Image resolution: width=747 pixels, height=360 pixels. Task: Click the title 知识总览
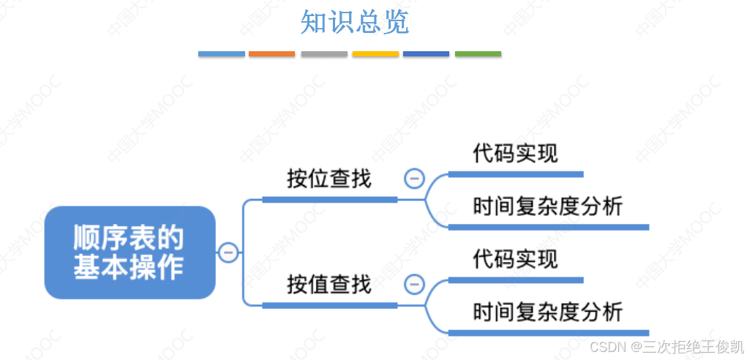(x=355, y=23)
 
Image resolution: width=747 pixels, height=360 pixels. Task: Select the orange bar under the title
(x=271, y=54)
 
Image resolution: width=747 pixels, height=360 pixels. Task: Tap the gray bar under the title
(x=323, y=54)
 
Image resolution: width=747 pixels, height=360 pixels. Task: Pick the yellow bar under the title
(x=375, y=54)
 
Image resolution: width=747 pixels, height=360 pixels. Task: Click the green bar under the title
(x=478, y=54)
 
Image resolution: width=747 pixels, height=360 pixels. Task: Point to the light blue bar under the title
(x=221, y=54)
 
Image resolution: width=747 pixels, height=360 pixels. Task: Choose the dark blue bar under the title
(x=426, y=54)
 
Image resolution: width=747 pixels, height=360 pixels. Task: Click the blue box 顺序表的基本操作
(x=129, y=252)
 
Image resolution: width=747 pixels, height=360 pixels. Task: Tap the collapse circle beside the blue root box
(x=228, y=252)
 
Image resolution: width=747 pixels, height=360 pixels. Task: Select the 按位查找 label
(x=329, y=179)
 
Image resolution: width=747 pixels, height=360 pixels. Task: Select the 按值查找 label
(x=329, y=284)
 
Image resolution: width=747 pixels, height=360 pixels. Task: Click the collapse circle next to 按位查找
(x=415, y=178)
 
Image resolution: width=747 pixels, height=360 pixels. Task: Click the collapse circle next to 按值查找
(x=415, y=283)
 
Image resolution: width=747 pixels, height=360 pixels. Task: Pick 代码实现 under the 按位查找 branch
(x=515, y=154)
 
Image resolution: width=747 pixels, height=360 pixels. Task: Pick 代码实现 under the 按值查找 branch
(x=515, y=259)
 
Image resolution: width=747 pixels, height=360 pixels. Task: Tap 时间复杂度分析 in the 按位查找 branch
(x=548, y=206)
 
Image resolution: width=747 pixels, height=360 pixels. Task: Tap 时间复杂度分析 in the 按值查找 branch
(x=548, y=312)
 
